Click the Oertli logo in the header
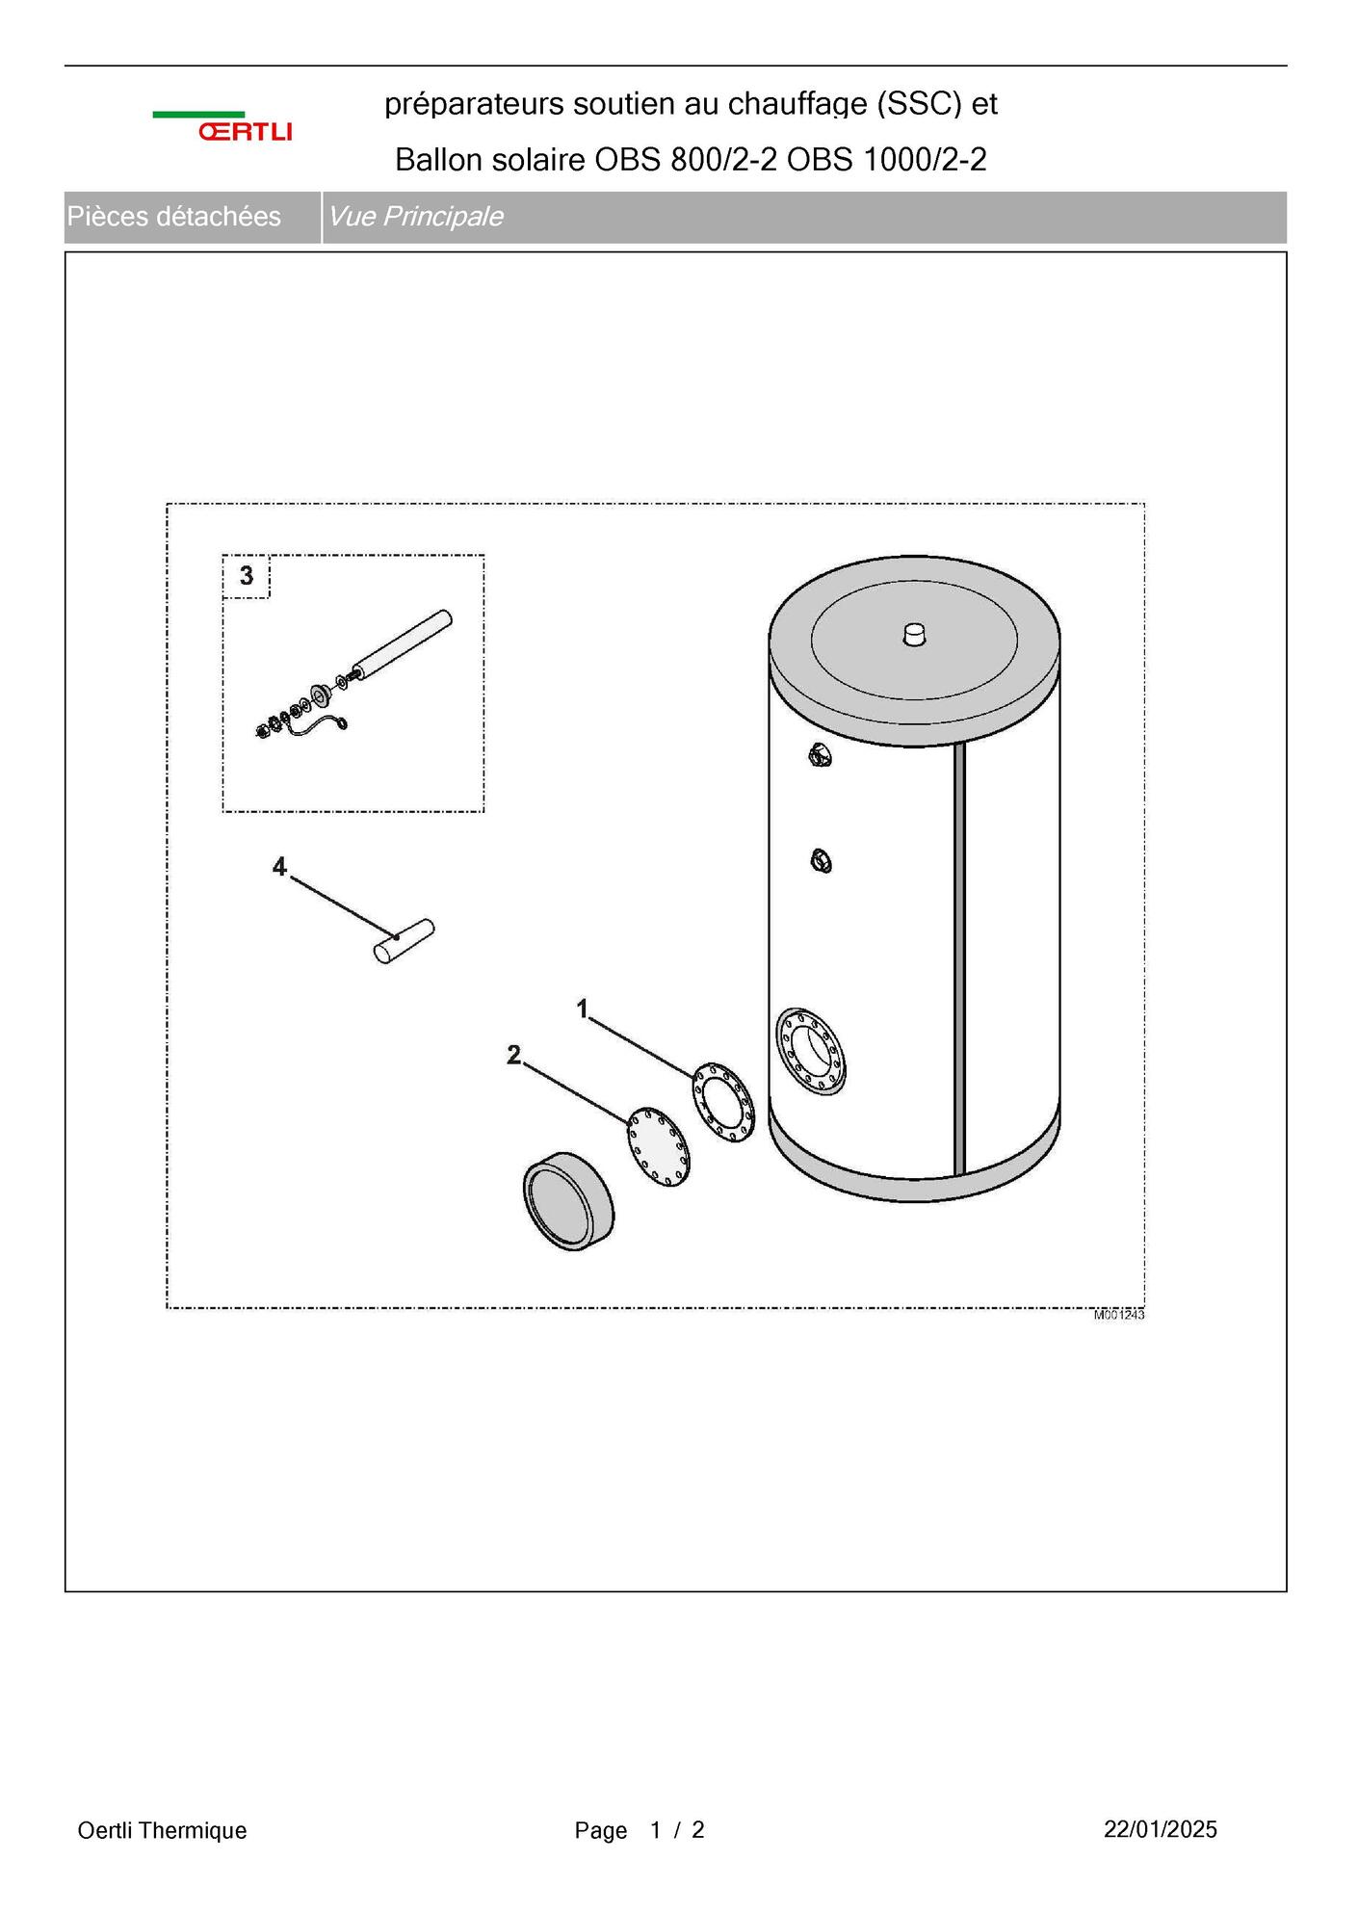[222, 126]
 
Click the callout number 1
[582, 1008]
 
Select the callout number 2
[513, 1055]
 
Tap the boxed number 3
[247, 575]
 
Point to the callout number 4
[279, 867]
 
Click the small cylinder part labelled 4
[405, 942]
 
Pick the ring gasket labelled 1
[723, 1102]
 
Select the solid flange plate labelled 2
[659, 1146]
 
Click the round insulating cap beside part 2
[568, 1201]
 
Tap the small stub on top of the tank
[914, 635]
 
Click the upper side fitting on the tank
[821, 756]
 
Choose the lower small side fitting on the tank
[822, 860]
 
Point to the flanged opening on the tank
[811, 1052]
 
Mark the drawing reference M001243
[1119, 1315]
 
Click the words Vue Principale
[416, 217]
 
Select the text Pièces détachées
[174, 217]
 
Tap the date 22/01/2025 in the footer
[1161, 1829]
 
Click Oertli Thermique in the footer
[162, 1830]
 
